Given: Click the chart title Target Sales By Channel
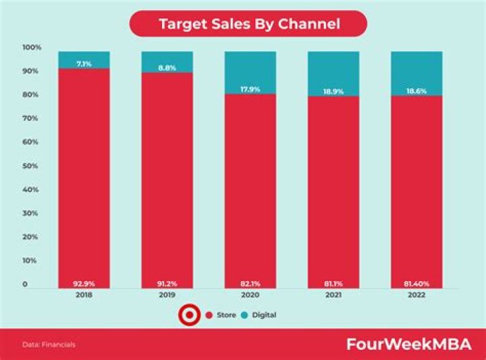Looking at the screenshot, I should click(248, 24).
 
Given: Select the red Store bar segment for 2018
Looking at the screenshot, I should click(84, 176).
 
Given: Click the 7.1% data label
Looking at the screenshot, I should click(84, 63).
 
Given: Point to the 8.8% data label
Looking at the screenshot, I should click(167, 68).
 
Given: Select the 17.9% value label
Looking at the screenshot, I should click(250, 88).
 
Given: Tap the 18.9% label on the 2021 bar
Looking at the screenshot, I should click(333, 90).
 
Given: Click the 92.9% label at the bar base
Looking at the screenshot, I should click(84, 284).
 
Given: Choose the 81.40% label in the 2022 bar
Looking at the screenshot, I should click(416, 284).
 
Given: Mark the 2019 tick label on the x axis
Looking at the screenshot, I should click(167, 295).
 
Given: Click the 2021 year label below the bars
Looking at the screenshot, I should click(333, 295).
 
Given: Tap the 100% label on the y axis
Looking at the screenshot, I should click(32, 47).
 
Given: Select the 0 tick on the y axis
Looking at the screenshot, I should click(25, 284).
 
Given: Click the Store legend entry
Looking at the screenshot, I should click(221, 315).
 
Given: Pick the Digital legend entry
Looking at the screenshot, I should click(260, 315).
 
